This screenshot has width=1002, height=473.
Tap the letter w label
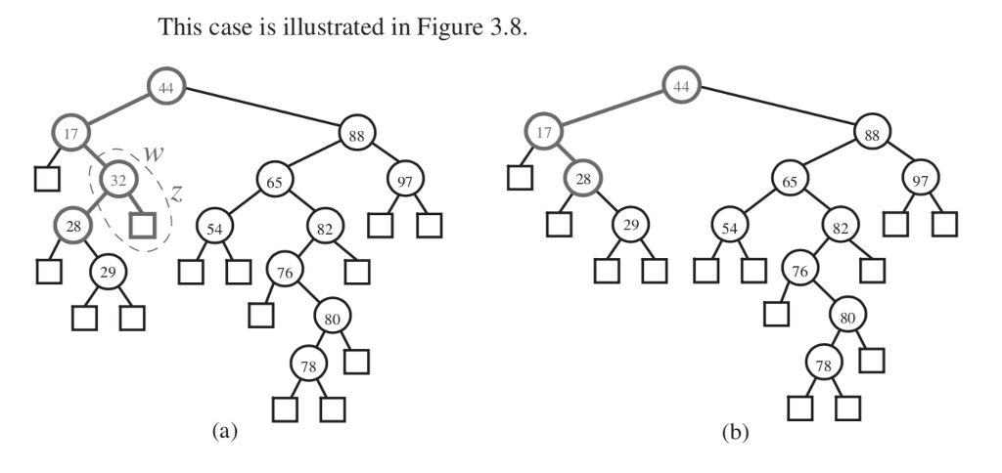(x=153, y=154)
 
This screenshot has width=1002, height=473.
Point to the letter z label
(x=177, y=193)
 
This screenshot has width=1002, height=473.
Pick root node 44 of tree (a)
(x=166, y=87)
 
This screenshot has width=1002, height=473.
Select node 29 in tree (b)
(x=631, y=226)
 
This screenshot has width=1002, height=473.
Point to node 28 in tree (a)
(x=73, y=226)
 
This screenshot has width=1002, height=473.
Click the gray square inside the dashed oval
(x=143, y=226)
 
